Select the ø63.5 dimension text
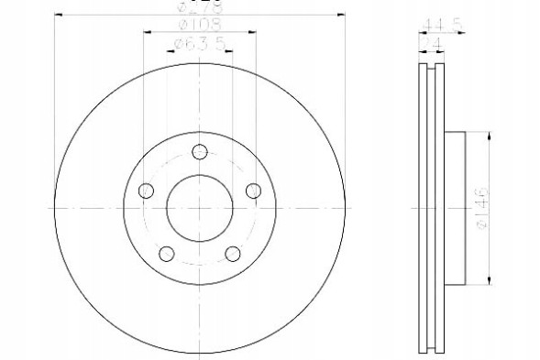(199, 43)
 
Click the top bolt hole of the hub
(199, 154)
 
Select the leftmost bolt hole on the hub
(146, 191)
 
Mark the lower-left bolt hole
(166, 254)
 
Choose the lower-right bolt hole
(232, 254)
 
